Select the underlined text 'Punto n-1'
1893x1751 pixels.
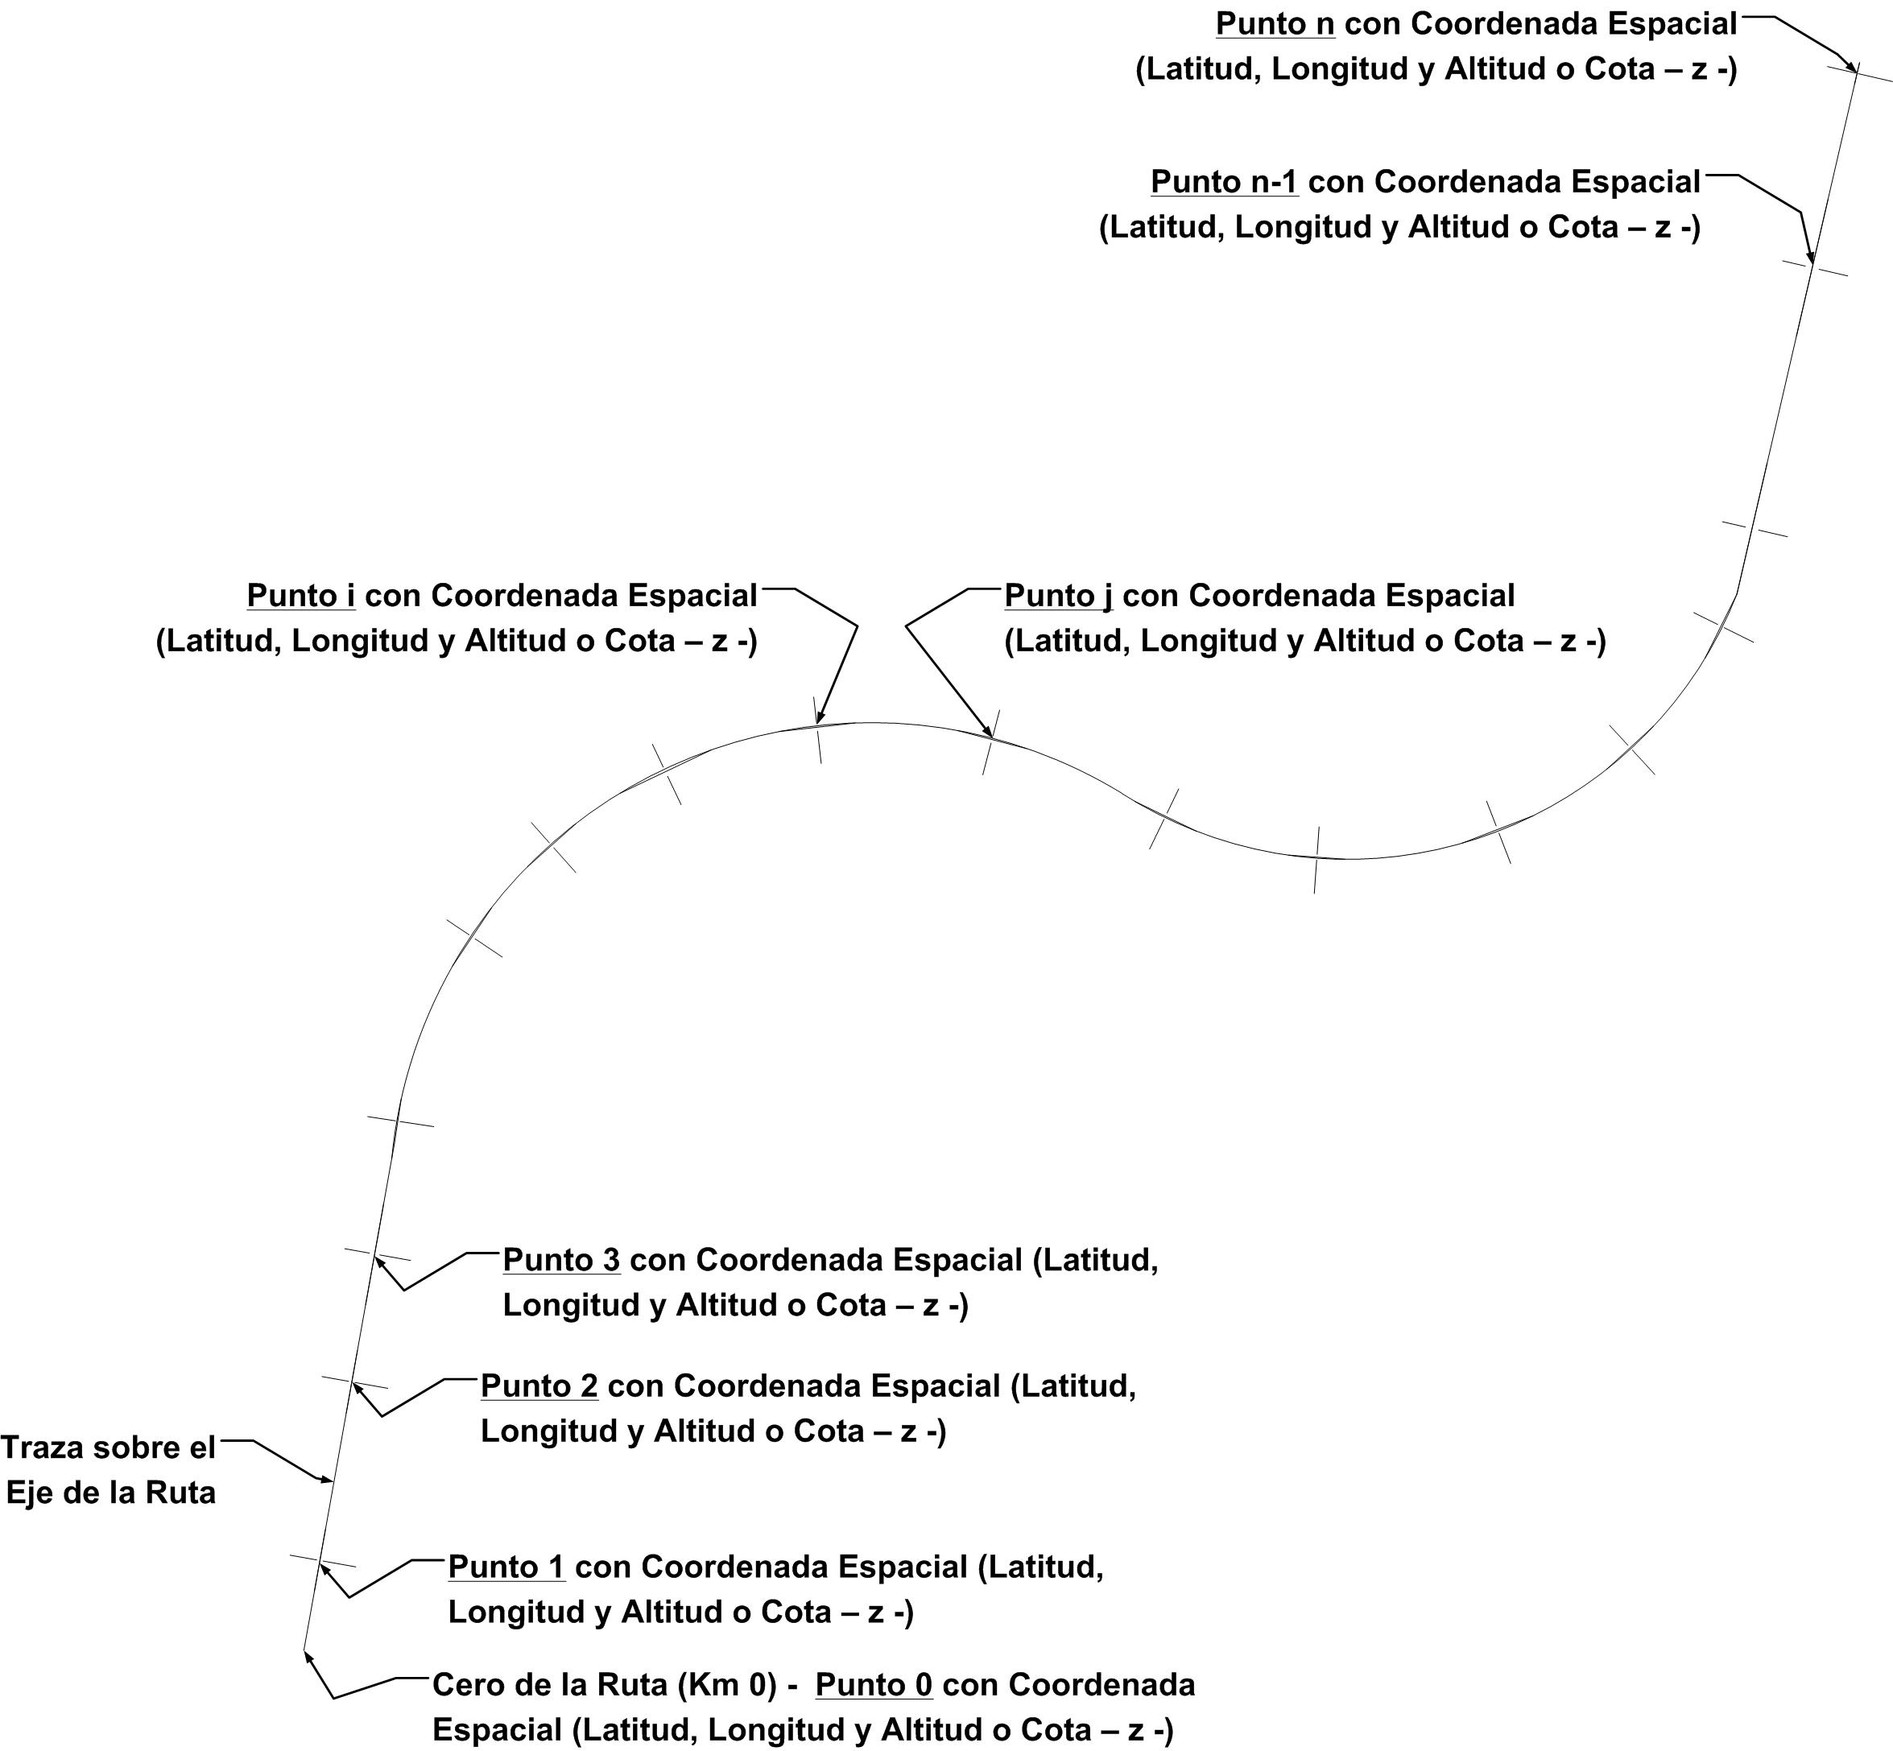coord(1224,182)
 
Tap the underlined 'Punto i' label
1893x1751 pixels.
coord(301,596)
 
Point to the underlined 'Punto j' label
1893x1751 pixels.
coord(1057,596)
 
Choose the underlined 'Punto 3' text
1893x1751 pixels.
coord(561,1260)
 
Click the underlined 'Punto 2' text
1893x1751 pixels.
coord(539,1386)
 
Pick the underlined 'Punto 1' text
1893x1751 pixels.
coord(507,1567)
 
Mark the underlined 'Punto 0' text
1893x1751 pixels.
coord(874,1685)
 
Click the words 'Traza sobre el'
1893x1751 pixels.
coord(108,1447)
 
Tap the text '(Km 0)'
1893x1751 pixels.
coord(725,1685)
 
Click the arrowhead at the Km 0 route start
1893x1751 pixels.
coord(307,1654)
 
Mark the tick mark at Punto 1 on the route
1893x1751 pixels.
coord(322,1562)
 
